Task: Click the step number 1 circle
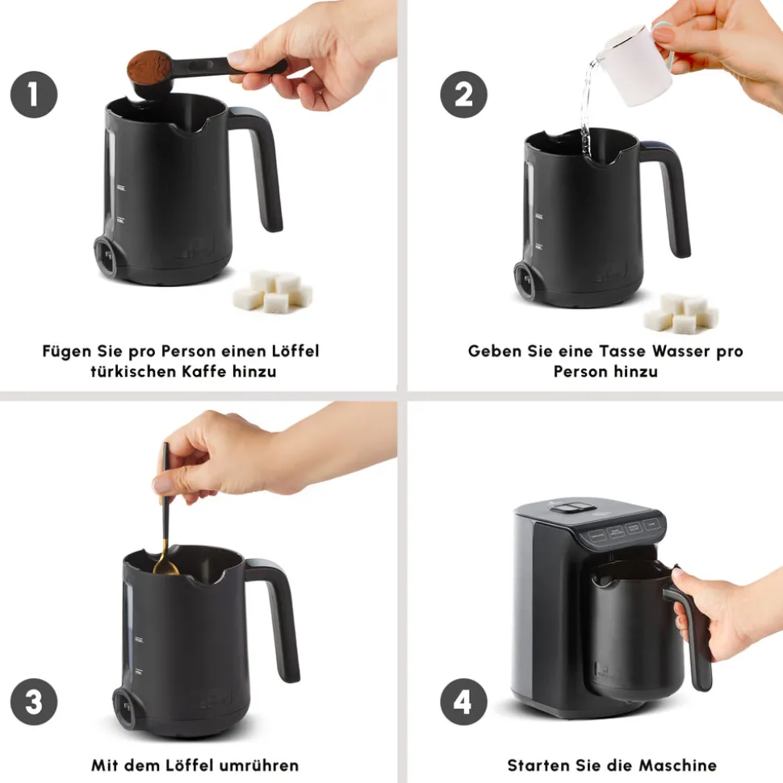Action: (34, 94)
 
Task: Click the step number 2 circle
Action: (463, 94)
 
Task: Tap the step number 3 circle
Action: (34, 701)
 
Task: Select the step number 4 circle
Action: (463, 701)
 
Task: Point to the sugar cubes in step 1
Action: (273, 291)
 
